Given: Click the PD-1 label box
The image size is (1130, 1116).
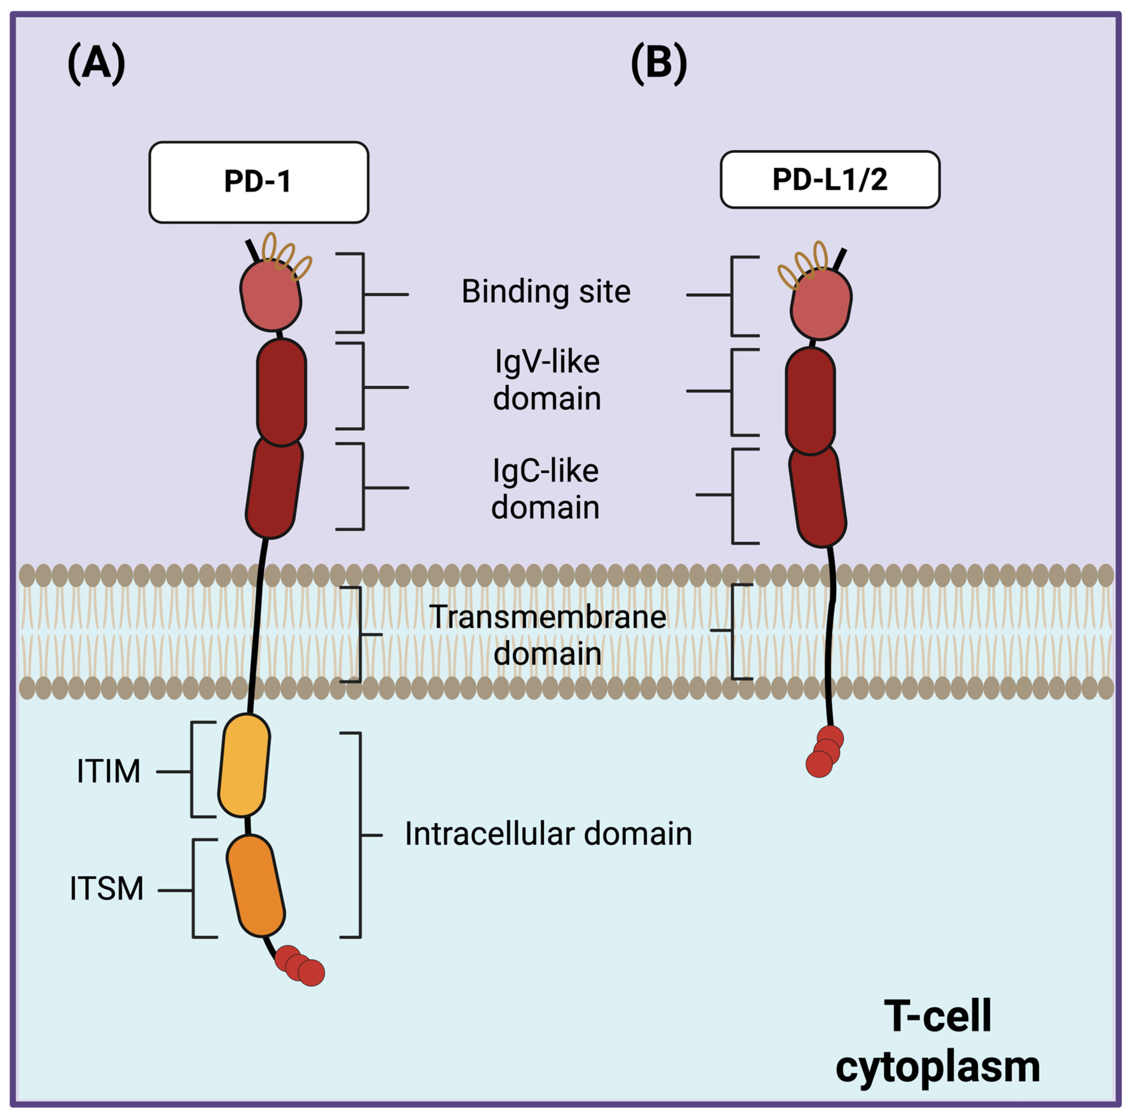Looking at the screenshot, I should (x=259, y=182).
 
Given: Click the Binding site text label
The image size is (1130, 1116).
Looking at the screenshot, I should (x=546, y=291).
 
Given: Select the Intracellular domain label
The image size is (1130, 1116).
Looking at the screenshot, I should (x=548, y=834).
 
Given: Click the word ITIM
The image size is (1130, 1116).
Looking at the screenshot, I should (x=109, y=771).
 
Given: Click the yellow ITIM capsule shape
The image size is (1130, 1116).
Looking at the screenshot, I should (x=244, y=765).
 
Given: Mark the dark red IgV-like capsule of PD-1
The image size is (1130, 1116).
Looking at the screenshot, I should (x=281, y=392).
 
